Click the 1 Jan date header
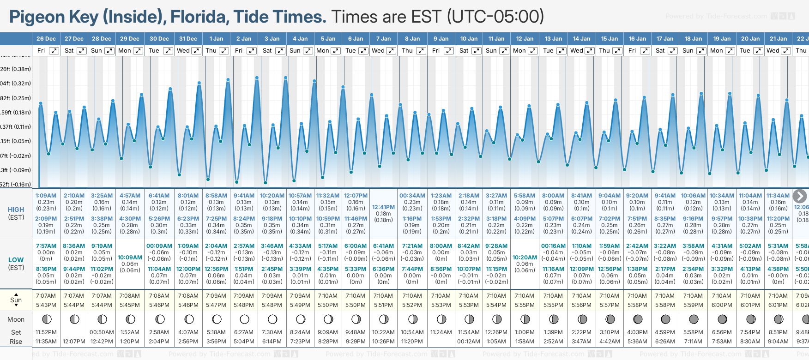click(216, 39)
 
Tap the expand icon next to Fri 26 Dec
click(54, 51)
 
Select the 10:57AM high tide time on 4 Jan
click(300, 196)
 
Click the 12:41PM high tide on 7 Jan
click(383, 207)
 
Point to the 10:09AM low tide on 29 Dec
click(130, 258)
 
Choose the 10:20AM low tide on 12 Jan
click(525, 258)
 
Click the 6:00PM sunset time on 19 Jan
click(722, 305)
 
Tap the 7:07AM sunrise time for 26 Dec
click(46, 296)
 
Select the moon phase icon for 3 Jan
click(272, 319)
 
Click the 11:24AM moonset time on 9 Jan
click(441, 332)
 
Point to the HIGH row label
click(16, 210)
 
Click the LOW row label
click(16, 260)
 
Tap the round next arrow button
click(800, 196)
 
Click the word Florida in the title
click(199, 17)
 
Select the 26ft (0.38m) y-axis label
click(16, 69)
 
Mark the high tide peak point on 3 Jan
click(257, 78)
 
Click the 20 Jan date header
click(750, 39)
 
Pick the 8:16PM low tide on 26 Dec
click(46, 269)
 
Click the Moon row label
click(16, 319)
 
